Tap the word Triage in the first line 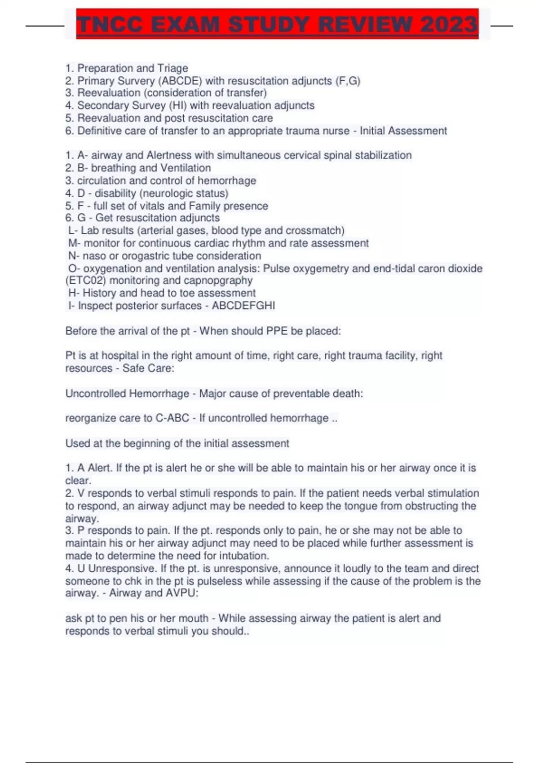pyautogui.click(x=172, y=68)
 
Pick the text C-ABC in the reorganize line pyautogui.click(x=172, y=418)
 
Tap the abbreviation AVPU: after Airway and pyautogui.click(x=182, y=593)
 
